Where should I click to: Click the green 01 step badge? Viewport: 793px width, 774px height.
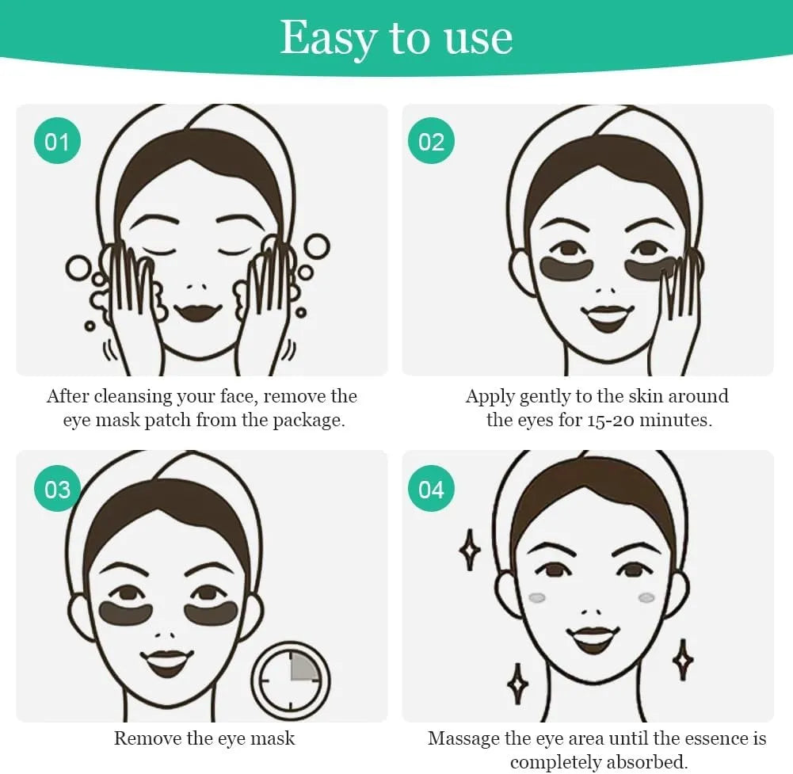(57, 142)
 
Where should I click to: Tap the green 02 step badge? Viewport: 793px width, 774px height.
(432, 142)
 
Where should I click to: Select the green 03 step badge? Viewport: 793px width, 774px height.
(57, 489)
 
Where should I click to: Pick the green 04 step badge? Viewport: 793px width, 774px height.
(432, 489)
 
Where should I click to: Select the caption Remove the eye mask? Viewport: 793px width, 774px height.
(204, 738)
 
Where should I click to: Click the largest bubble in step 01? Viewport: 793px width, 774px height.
(316, 246)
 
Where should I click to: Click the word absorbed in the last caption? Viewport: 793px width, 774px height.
(642, 762)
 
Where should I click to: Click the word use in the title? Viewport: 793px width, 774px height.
(480, 37)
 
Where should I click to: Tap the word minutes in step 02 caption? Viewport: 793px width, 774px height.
(677, 420)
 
